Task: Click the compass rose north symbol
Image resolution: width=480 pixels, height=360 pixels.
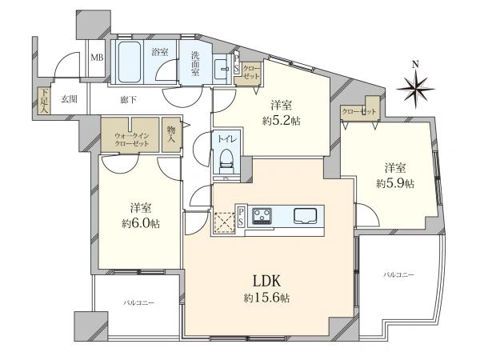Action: (415, 86)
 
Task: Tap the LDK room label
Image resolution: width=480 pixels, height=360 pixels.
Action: (266, 281)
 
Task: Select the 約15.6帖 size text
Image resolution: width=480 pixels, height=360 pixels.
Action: (266, 298)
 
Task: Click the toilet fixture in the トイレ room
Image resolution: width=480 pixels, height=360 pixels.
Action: (227, 161)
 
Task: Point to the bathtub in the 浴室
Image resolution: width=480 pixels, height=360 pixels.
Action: (130, 62)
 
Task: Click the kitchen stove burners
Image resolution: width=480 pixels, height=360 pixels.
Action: (262, 215)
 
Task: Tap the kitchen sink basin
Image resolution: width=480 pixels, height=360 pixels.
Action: (306, 216)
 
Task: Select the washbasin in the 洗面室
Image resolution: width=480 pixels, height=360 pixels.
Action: (222, 68)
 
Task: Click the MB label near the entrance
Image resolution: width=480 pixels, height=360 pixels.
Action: (98, 58)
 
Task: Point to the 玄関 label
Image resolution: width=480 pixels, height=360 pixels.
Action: (69, 99)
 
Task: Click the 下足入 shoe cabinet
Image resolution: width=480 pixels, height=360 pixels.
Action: (44, 101)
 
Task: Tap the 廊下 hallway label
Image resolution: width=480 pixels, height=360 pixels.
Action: (128, 100)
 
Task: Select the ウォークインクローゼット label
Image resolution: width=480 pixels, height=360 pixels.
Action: (132, 139)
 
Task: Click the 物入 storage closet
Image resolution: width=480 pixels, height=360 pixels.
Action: (171, 134)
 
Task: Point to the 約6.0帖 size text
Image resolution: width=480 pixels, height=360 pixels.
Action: (141, 224)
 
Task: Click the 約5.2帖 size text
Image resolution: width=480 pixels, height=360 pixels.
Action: (281, 122)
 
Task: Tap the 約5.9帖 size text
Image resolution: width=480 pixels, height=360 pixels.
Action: (395, 184)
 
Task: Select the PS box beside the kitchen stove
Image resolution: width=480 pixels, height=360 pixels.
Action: (242, 217)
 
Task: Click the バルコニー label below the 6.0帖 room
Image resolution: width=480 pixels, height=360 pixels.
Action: (139, 303)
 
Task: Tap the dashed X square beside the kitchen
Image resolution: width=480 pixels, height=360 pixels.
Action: (224, 222)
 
